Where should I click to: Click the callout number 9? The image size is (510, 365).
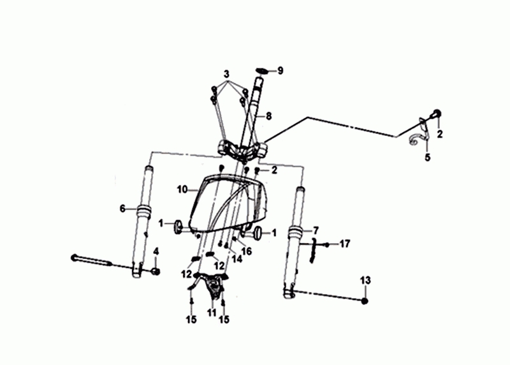coord(280,71)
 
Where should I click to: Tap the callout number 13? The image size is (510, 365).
coord(365,280)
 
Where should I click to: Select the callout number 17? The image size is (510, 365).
coord(345,244)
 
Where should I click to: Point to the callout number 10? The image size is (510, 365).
coord(182,189)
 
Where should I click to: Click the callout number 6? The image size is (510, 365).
coord(122,209)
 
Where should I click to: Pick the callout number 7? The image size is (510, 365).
coord(316,231)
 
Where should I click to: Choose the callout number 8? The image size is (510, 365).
coord(268,116)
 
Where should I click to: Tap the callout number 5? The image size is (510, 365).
coord(427,157)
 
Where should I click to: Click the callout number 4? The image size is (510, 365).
coord(156,251)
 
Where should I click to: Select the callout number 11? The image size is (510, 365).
coord(212,313)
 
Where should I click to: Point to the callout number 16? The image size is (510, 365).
coord(247,251)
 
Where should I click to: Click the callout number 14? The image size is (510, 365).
coord(237,259)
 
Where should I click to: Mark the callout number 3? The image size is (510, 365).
coord(227,74)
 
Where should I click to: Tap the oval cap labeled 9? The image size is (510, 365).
coord(261,71)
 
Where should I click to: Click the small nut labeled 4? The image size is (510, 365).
coord(156,271)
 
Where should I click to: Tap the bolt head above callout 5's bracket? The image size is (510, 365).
coord(436,114)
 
